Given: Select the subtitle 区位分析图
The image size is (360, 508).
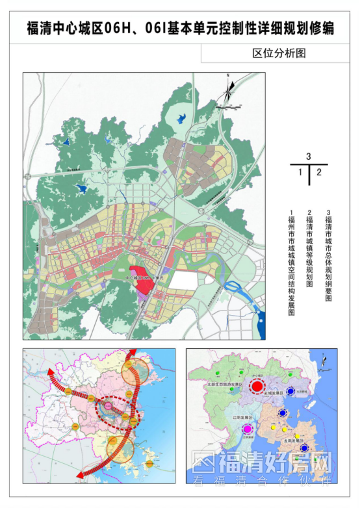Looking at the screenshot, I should point(279,54).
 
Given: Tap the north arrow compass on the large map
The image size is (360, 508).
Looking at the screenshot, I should point(229,91).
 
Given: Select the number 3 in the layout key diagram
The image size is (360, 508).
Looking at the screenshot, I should point(309,157).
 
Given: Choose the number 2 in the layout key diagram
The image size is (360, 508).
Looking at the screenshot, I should point(318,173).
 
